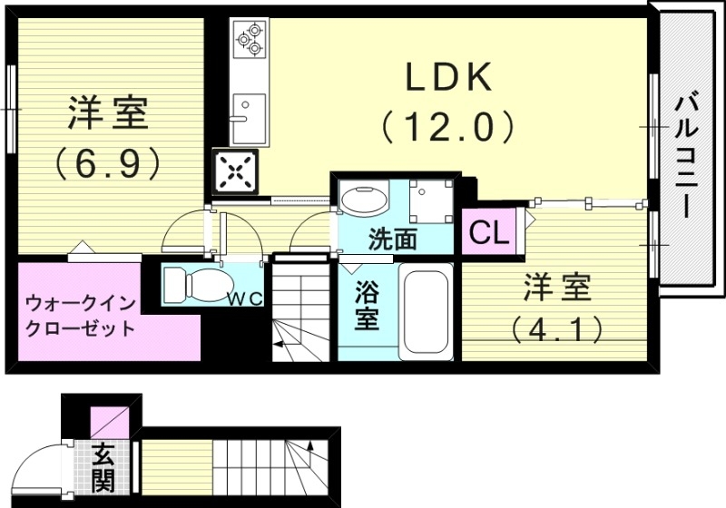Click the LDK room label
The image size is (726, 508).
coord(447,80)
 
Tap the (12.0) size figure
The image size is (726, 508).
coord(447,126)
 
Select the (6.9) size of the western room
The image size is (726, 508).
coord(107,162)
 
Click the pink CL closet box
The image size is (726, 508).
coord(488,233)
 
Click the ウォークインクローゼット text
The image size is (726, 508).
coord(79,313)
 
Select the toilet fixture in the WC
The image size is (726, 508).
coord(194,284)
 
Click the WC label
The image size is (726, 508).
coord(244,298)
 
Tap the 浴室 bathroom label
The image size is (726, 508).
coord(366,308)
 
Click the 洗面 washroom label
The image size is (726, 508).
coord(392,240)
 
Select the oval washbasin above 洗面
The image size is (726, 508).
coord(363,198)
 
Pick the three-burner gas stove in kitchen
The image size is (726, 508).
coord(248,40)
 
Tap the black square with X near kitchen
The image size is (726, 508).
coord(234,172)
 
